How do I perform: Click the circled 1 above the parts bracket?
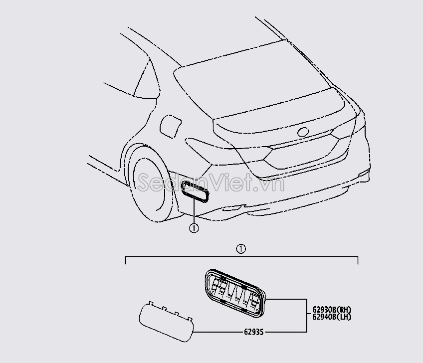tap(241, 248)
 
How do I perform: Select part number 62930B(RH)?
tap(331, 309)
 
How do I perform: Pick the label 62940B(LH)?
tap(331, 317)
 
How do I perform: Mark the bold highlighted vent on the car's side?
tap(197, 192)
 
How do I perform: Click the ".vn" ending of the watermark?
tap(274, 183)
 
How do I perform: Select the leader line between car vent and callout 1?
tap(193, 211)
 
